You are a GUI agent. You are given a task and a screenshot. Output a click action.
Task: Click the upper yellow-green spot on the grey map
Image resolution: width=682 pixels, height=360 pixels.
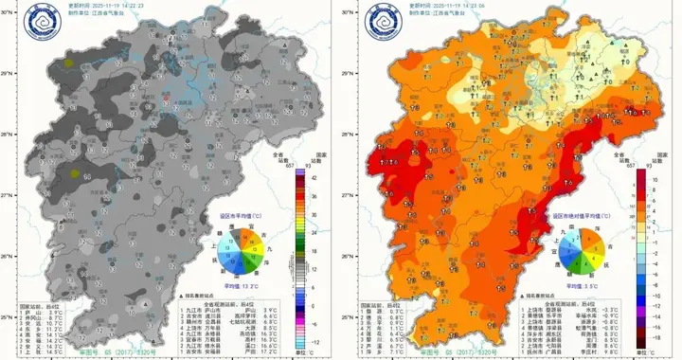tap(70, 63)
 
